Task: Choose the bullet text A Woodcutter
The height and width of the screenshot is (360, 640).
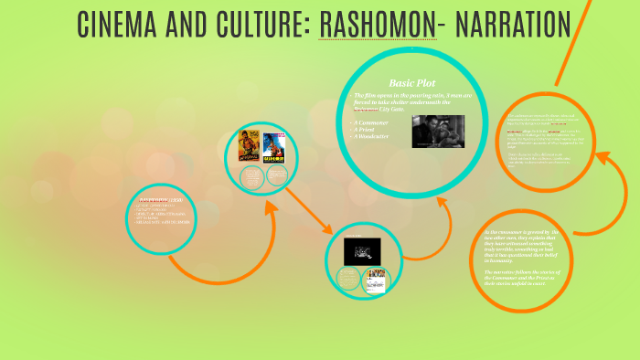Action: coord(379,138)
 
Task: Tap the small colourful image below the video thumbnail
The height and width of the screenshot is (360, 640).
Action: coord(376,278)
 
